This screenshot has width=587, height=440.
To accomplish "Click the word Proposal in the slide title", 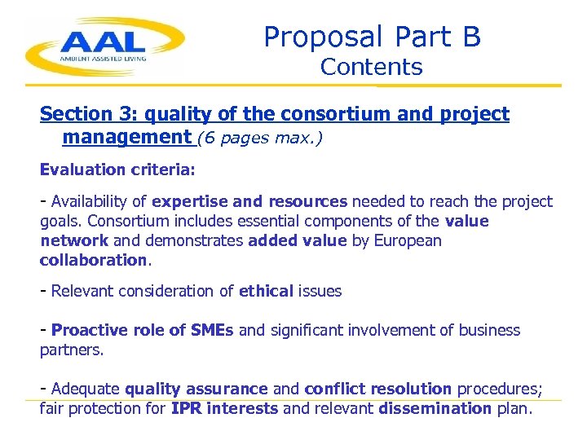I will tap(323, 37).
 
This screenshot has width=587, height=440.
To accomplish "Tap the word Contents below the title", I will tap(371, 68).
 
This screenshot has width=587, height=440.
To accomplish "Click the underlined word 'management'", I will tap(126, 137).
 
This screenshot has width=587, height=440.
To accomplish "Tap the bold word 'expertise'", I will tap(190, 201).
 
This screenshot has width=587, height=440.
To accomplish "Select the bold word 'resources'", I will tap(308, 201).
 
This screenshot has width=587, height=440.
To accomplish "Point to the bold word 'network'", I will tap(74, 240).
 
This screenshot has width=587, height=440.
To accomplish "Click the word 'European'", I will tap(408, 240).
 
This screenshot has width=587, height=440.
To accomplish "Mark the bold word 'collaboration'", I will tap(93, 260).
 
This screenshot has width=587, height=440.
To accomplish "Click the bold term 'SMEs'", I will tap(212, 330).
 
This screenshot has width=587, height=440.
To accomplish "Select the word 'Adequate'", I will tap(85, 389).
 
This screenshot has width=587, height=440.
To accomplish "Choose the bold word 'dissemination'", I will tap(435, 408).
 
